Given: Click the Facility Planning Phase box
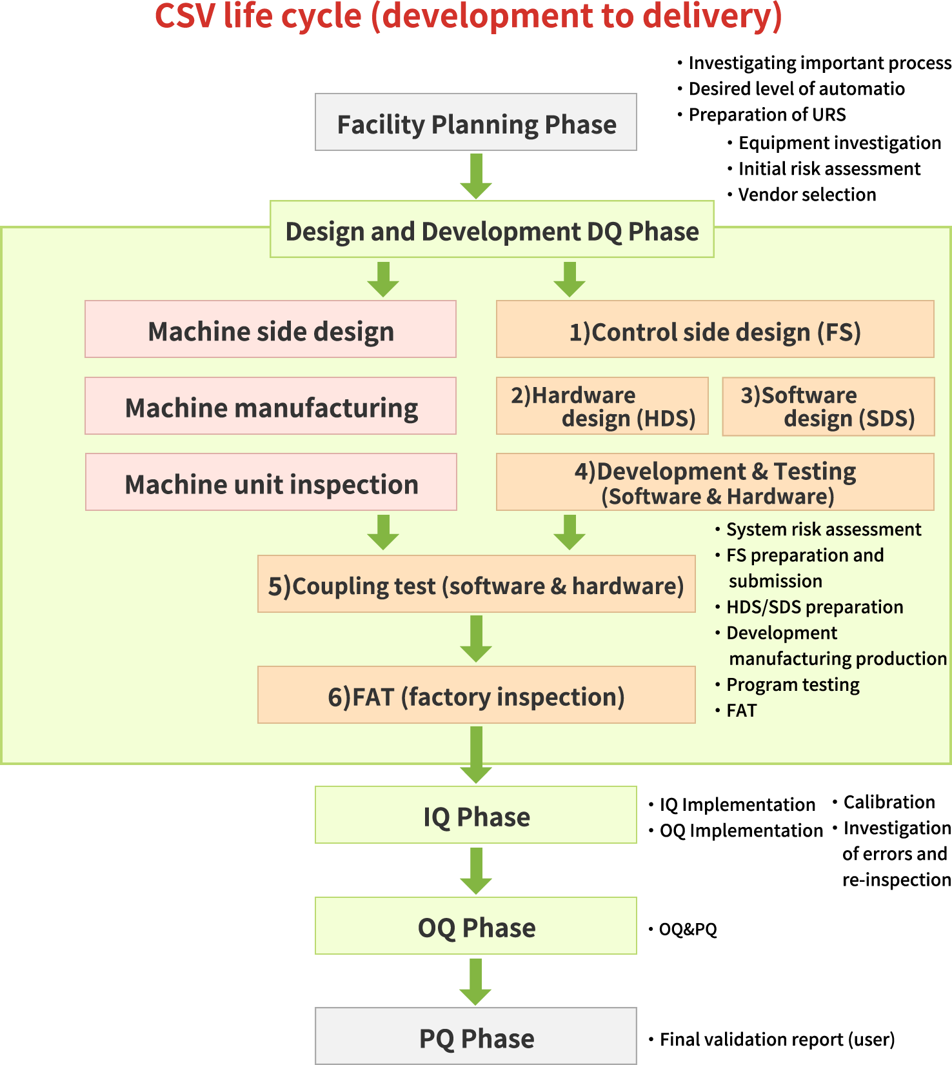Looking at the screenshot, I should click(476, 123).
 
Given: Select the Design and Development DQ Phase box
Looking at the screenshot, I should click(491, 230).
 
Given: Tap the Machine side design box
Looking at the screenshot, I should click(270, 330).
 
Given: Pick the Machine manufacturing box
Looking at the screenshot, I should click(270, 406).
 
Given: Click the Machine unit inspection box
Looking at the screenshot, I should click(271, 483).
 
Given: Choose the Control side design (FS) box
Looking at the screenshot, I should click(715, 330).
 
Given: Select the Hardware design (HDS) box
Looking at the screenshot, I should click(602, 406).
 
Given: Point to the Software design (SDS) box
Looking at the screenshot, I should click(828, 406).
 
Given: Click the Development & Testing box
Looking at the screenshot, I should click(715, 483).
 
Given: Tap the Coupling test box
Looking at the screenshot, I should click(476, 584).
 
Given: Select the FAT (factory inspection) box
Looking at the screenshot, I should click(476, 695).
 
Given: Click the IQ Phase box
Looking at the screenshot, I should click(476, 815).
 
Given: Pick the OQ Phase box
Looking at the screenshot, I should click(476, 926).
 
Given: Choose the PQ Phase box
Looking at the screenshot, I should click(476, 1037).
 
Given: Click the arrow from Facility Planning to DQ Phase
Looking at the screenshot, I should click(476, 175).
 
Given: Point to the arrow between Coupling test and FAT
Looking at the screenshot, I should click(476, 639).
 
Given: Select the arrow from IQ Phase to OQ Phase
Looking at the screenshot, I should click(476, 870).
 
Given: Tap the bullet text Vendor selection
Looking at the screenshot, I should click(806, 194).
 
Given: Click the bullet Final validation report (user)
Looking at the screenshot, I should click(777, 1039).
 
